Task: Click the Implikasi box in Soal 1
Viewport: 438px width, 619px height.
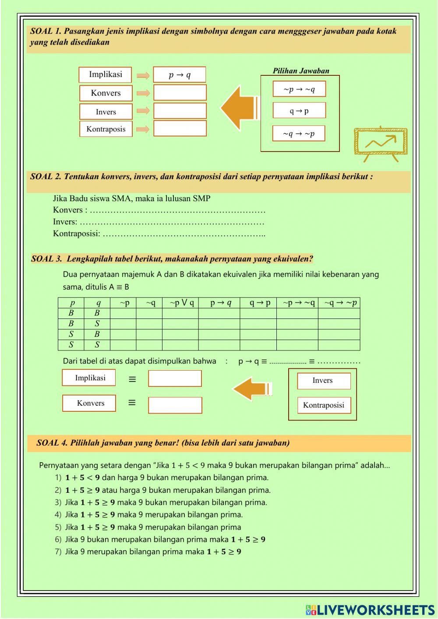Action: coord(105,74)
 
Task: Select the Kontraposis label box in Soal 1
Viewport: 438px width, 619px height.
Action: coord(106,129)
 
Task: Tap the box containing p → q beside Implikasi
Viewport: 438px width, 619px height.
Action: coord(180,75)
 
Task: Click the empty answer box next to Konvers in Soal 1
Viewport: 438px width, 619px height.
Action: coord(180,93)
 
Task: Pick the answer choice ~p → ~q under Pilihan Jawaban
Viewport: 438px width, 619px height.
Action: coord(299,89)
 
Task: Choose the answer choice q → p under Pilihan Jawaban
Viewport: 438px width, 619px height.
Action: coord(299,111)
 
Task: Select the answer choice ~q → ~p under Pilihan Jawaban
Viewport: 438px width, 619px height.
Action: coord(299,134)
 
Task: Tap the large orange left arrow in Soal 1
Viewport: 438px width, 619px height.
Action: coord(239,108)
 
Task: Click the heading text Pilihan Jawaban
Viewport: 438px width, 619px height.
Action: coord(301,71)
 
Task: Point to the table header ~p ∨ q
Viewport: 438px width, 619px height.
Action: coord(180,303)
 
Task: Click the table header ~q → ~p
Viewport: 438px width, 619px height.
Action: coord(339,303)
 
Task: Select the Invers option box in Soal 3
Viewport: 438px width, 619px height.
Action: coord(324,381)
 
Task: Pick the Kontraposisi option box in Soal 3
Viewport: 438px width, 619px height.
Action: coord(324,405)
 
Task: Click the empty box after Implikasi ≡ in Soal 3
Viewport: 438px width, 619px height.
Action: coord(175,378)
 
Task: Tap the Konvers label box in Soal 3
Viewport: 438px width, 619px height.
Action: coord(89,403)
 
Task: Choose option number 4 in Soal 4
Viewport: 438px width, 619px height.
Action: coord(149,515)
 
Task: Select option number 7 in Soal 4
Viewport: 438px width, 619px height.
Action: coord(149,552)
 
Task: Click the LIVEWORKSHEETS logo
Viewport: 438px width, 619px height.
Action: coord(370,609)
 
